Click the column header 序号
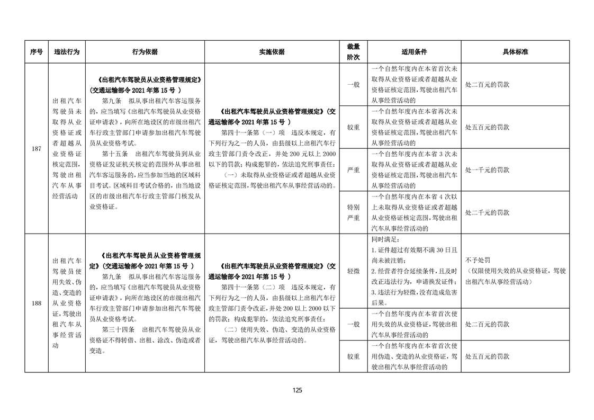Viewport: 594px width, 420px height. (x=36, y=52)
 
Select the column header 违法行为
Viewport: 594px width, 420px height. (x=66, y=52)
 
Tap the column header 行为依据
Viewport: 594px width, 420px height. (x=145, y=52)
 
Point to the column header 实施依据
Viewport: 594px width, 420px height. (x=272, y=52)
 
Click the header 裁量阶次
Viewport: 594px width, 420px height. (x=353, y=52)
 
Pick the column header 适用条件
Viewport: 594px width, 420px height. (x=414, y=52)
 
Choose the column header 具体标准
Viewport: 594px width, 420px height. (x=515, y=52)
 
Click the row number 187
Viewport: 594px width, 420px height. (x=36, y=149)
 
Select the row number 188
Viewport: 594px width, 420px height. (x=36, y=303)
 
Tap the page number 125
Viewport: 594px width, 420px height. (x=297, y=390)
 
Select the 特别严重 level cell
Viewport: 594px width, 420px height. (x=353, y=212)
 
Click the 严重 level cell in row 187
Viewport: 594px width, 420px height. (x=353, y=170)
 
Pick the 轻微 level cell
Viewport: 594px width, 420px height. (x=353, y=271)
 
